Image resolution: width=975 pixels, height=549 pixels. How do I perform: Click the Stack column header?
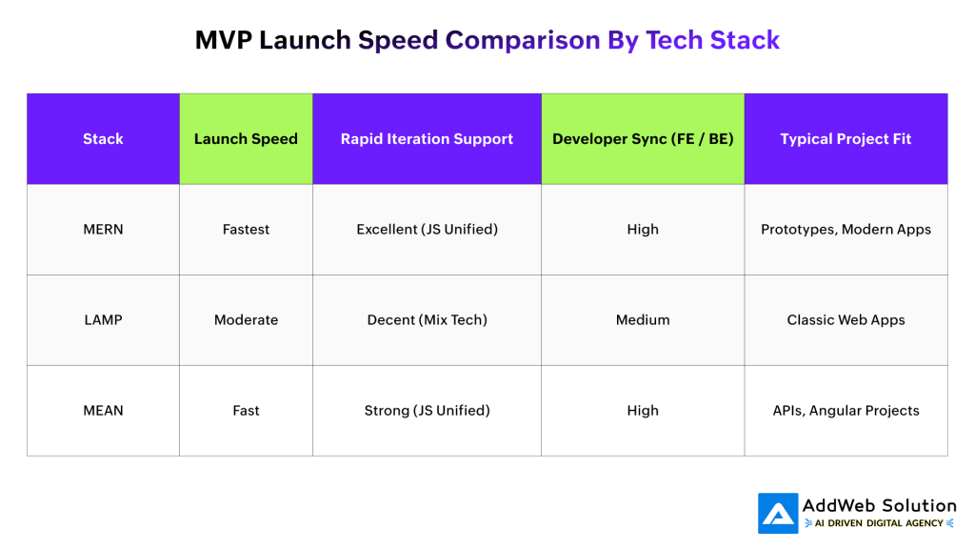click(103, 139)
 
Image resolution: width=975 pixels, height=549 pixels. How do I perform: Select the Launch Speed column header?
click(246, 139)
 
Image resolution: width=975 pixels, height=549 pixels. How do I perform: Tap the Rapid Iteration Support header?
click(427, 139)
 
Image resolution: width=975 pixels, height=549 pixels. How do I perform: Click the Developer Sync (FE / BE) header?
click(643, 139)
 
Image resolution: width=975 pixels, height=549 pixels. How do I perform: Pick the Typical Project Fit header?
click(846, 139)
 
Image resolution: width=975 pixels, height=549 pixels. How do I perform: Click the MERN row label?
click(103, 230)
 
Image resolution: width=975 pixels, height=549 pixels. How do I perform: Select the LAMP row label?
click(103, 320)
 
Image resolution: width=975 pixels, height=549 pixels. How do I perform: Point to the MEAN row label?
click(103, 411)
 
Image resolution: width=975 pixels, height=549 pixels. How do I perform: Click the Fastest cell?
click(246, 230)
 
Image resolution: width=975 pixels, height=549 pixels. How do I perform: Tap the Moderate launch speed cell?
click(246, 320)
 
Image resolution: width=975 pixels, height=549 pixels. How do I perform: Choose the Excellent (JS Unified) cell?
click(427, 230)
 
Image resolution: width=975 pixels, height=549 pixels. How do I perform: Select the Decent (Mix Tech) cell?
click(427, 320)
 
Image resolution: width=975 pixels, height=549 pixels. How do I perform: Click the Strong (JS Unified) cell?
click(427, 411)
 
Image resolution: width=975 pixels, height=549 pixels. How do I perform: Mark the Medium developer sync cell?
click(643, 320)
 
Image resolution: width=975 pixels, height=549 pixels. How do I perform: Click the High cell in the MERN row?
click(643, 230)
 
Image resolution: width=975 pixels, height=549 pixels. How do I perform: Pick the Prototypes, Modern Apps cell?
click(846, 230)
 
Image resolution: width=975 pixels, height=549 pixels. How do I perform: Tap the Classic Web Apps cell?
click(846, 320)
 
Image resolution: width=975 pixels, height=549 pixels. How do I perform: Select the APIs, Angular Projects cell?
click(846, 411)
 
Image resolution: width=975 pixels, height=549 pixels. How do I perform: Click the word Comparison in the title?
click(523, 40)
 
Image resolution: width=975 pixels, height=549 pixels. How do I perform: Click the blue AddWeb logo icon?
click(778, 513)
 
